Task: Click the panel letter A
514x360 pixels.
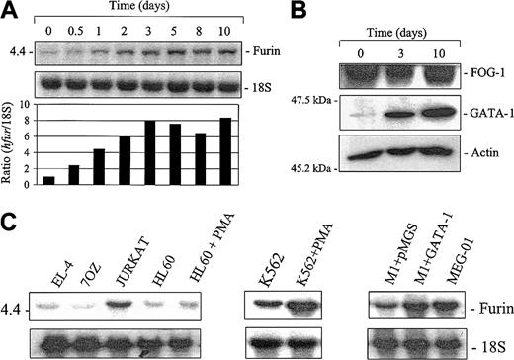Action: tap(9, 9)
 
